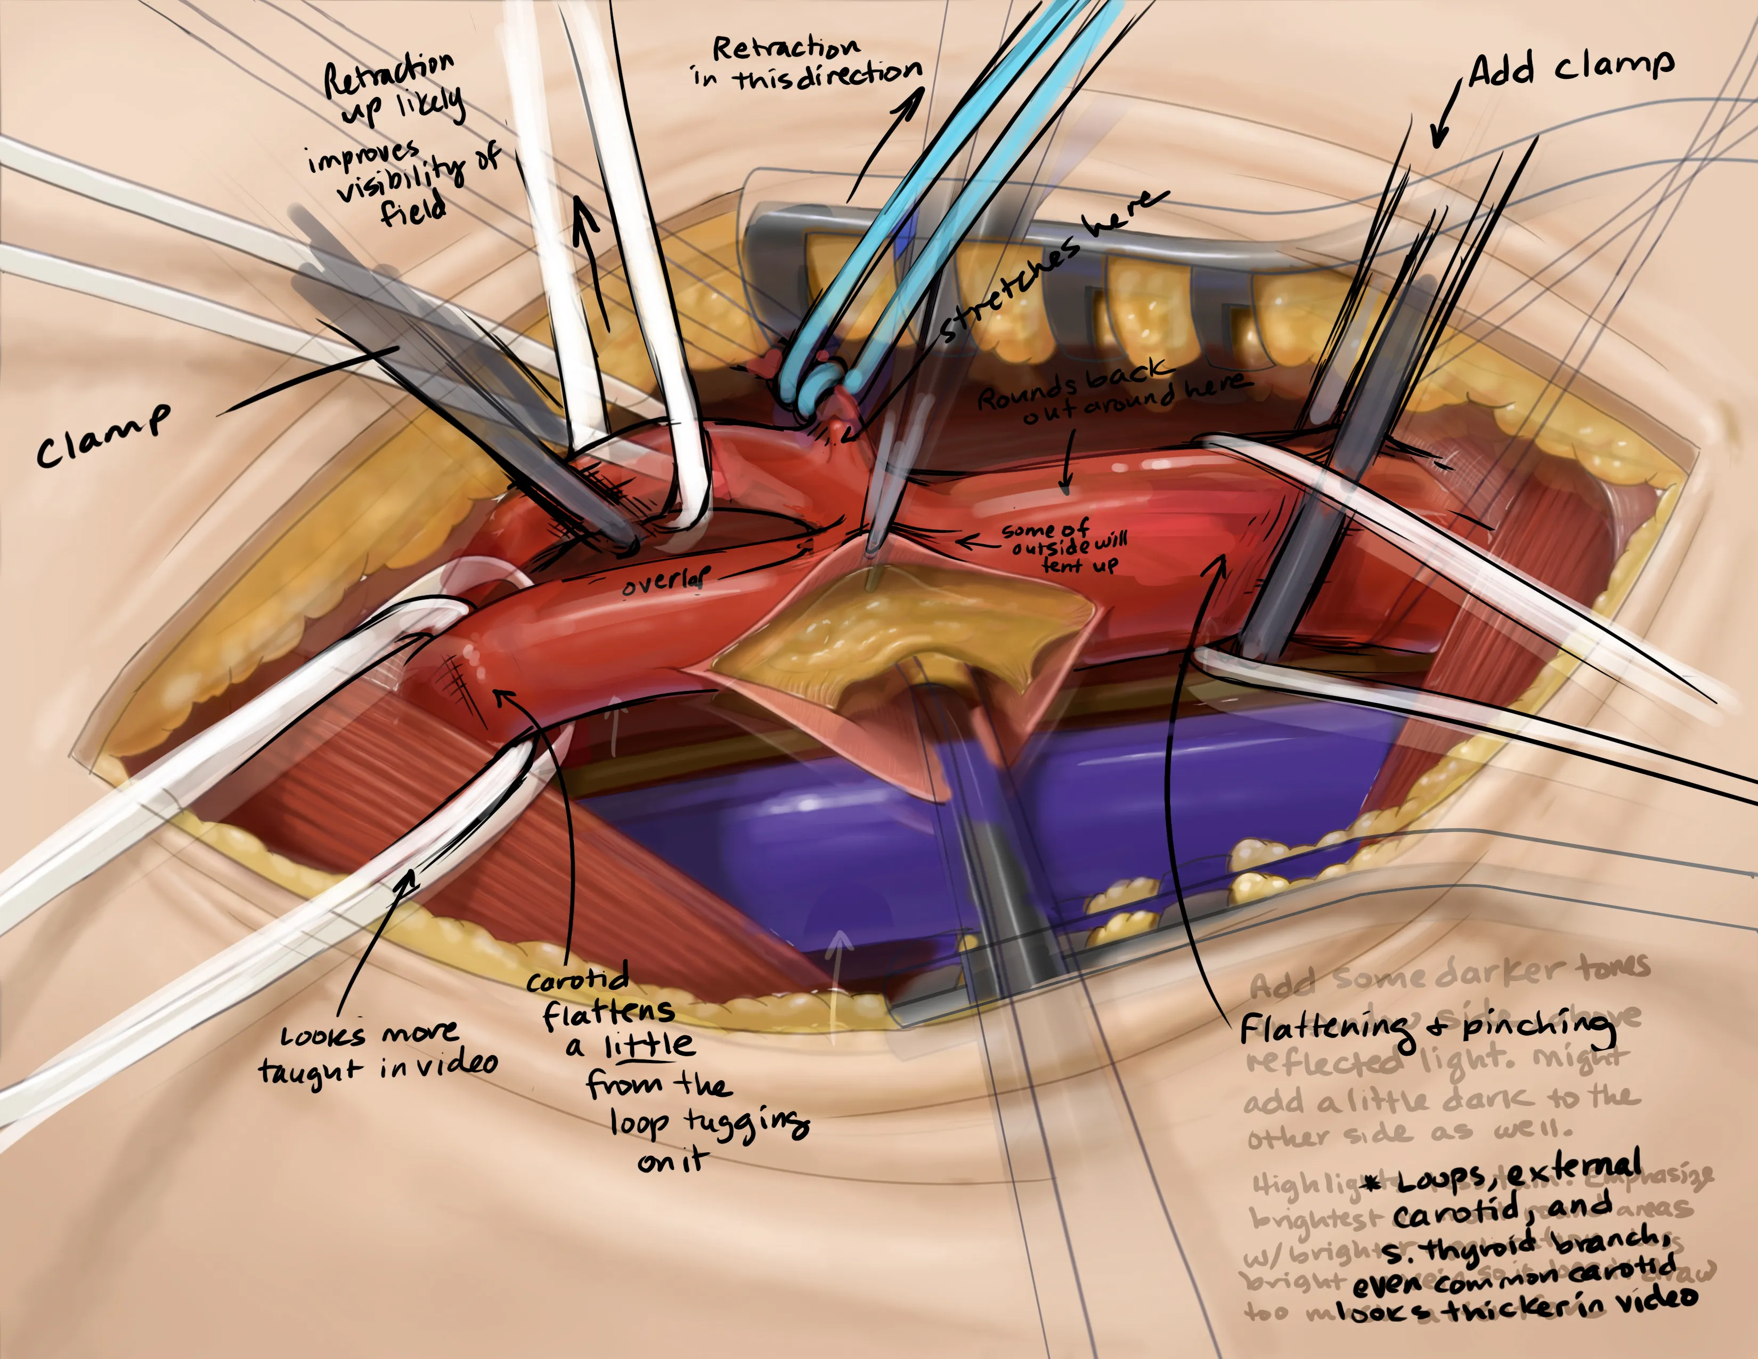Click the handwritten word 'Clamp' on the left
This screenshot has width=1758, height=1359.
click(103, 436)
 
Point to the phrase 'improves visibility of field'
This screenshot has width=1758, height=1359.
click(402, 181)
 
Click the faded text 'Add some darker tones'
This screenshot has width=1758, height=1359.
click(1449, 975)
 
